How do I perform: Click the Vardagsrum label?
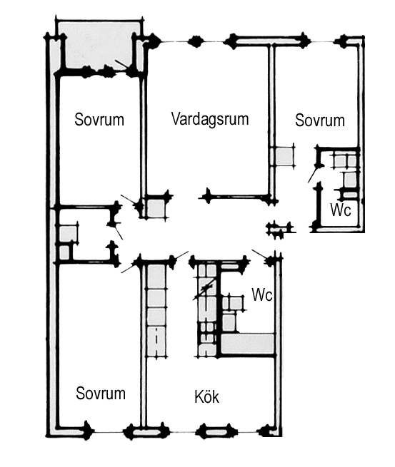[210, 119]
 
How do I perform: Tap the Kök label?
[206, 396]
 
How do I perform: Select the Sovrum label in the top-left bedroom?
[99, 120]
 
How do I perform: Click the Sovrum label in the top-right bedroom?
[320, 120]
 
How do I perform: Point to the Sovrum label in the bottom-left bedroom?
[101, 393]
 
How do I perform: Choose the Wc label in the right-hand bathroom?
[341, 210]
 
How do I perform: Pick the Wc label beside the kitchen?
[262, 295]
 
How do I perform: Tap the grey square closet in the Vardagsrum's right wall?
[284, 156]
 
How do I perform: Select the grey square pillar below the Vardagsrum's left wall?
[156, 208]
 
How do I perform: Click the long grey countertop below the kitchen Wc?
[248, 344]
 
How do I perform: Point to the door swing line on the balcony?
[122, 65]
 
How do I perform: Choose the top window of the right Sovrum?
[321, 41]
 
